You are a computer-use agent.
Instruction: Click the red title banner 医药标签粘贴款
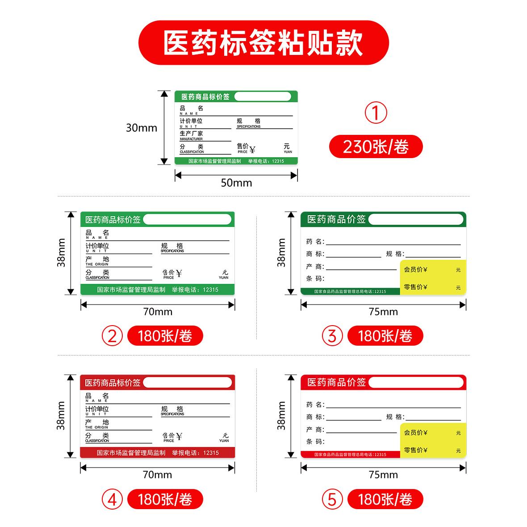click(x=263, y=43)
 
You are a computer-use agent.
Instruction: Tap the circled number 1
click(x=376, y=113)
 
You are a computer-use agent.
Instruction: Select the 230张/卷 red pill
click(x=376, y=146)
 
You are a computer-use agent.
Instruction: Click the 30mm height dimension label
click(x=142, y=128)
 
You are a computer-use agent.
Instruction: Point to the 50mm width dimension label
click(x=236, y=183)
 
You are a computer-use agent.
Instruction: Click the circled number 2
click(x=112, y=336)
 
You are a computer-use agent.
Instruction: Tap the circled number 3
click(x=332, y=336)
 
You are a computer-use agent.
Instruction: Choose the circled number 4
click(x=112, y=499)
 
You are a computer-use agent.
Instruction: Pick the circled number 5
click(x=332, y=499)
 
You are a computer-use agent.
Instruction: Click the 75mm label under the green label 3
click(x=383, y=312)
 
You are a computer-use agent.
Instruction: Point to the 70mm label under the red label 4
click(x=157, y=475)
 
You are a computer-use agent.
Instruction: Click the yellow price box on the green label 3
click(x=433, y=277)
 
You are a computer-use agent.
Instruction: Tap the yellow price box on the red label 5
click(x=433, y=440)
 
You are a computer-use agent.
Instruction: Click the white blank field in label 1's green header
click(x=263, y=96)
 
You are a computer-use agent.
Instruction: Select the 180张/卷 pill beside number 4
click(x=165, y=499)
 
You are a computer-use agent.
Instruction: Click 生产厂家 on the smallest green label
click(x=191, y=134)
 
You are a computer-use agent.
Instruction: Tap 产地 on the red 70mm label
click(x=97, y=422)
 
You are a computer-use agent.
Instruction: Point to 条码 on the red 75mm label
click(x=315, y=442)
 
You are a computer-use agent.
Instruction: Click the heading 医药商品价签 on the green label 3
click(x=336, y=219)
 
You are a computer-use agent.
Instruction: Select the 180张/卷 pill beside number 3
click(x=385, y=336)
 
